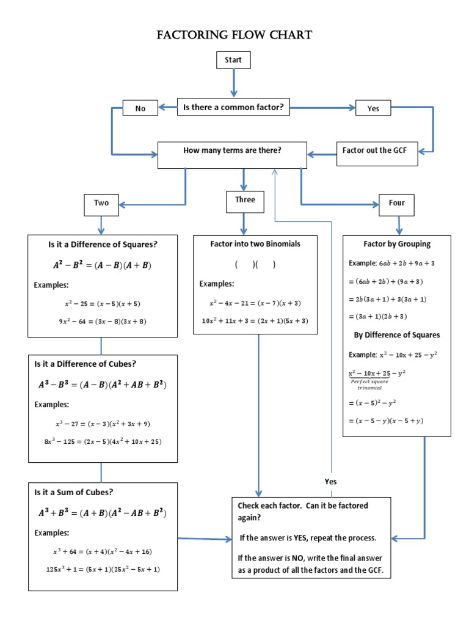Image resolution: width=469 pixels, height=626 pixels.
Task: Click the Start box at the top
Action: pyautogui.click(x=233, y=60)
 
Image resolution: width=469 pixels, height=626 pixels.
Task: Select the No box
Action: pyautogui.click(x=140, y=108)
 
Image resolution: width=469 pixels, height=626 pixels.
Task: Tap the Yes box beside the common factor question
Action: pyautogui.click(x=373, y=108)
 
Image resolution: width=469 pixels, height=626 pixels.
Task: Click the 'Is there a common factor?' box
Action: pyautogui.click(x=233, y=108)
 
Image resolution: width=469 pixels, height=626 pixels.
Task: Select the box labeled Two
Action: pyautogui.click(x=101, y=203)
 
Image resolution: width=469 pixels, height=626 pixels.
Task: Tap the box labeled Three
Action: pyautogui.click(x=245, y=200)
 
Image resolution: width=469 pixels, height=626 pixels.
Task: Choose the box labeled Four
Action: pyautogui.click(x=396, y=203)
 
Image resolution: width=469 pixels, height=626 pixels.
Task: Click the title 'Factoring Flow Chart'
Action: pyautogui.click(x=234, y=35)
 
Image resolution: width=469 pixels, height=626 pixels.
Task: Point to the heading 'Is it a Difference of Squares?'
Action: pyautogui.click(x=103, y=245)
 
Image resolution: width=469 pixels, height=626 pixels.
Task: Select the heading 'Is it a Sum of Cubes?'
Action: pyautogui.click(x=74, y=492)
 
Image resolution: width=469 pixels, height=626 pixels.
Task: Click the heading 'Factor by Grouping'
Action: pyautogui.click(x=397, y=244)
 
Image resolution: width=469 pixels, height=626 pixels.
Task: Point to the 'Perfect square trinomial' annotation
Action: pyautogui.click(x=366, y=385)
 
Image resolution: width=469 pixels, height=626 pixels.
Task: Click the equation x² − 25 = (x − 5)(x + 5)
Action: pyautogui.click(x=103, y=303)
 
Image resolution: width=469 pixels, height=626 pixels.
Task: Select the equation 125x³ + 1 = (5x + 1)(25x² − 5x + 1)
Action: pyautogui.click(x=103, y=569)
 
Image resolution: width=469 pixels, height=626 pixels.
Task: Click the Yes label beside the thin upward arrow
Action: pyautogui.click(x=330, y=482)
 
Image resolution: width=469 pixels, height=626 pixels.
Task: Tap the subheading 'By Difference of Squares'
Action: pyautogui.click(x=397, y=335)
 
